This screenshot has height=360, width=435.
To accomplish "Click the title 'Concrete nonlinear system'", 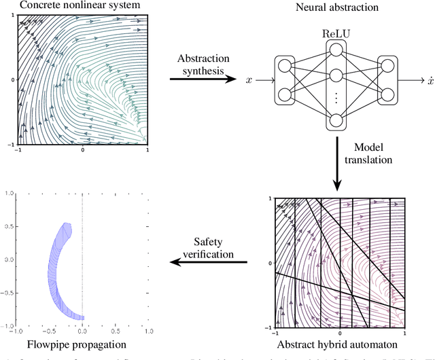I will [81, 6].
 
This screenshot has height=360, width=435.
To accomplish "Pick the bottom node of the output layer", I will [388, 94].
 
